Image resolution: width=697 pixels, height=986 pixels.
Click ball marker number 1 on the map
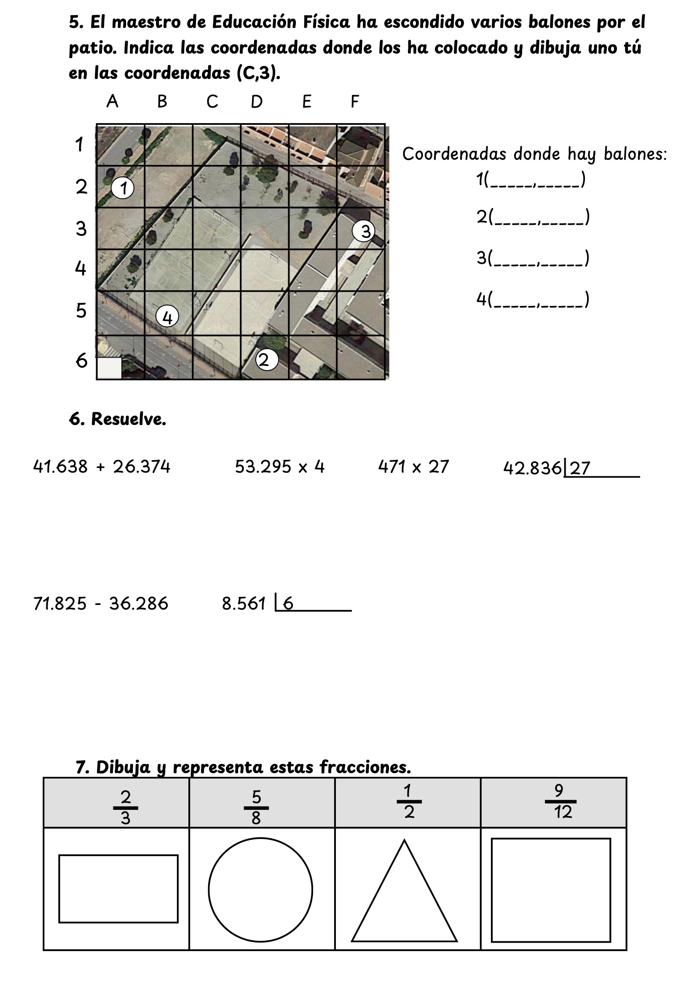click(122, 188)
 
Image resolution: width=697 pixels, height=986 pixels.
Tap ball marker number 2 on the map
click(266, 360)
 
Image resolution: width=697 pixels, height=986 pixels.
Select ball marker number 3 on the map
click(364, 231)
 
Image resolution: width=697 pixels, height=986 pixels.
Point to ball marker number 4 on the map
click(167, 317)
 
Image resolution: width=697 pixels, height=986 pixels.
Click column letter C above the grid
click(212, 102)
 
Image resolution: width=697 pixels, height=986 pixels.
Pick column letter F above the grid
click(354, 102)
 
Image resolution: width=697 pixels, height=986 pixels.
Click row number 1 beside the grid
click(79, 144)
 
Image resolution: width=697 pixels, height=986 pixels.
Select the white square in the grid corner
click(109, 368)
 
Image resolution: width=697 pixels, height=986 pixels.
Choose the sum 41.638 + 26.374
click(102, 467)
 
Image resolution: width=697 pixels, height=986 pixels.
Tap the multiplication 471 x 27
click(413, 467)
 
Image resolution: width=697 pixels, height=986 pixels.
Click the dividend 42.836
click(532, 468)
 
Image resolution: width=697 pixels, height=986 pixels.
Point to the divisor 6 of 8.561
click(288, 604)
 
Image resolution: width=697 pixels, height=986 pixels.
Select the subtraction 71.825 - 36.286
click(101, 604)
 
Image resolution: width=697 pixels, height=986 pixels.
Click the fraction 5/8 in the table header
click(256, 807)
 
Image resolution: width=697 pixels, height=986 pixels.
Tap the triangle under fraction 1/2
click(404, 897)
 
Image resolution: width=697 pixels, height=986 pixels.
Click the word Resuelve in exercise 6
click(129, 419)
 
